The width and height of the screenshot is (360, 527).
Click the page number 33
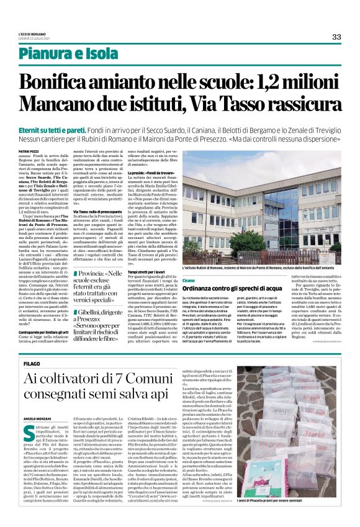click(336, 37)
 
